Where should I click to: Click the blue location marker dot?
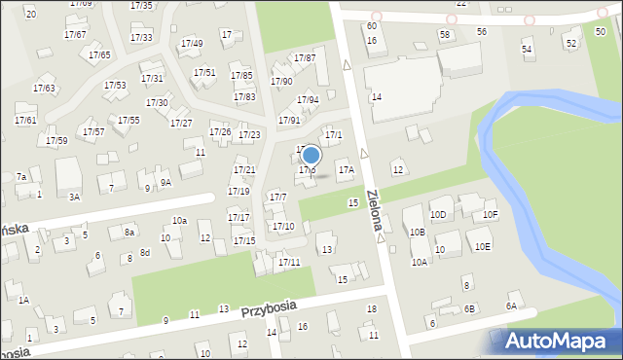pyautogui.click(x=311, y=155)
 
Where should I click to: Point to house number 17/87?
pyautogui.click(x=305, y=58)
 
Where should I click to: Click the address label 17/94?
pyautogui.click(x=308, y=100)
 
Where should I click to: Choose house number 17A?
pyautogui.click(x=346, y=170)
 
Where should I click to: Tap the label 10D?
pyautogui.click(x=438, y=214)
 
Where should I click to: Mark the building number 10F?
pyautogui.click(x=490, y=214)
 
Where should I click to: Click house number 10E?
pyautogui.click(x=483, y=246)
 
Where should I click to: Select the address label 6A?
pyautogui.click(x=511, y=306)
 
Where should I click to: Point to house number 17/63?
pyautogui.click(x=44, y=89)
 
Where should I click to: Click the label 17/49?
pyautogui.click(x=192, y=44)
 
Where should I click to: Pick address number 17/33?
pyautogui.click(x=141, y=38)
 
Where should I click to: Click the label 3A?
pyautogui.click(x=74, y=197)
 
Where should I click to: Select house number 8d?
pyautogui.click(x=144, y=253)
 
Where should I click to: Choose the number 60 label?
pyautogui.click(x=372, y=26)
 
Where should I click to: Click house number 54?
pyautogui.click(x=527, y=49)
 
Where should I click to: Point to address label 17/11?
pyautogui.click(x=289, y=263)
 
